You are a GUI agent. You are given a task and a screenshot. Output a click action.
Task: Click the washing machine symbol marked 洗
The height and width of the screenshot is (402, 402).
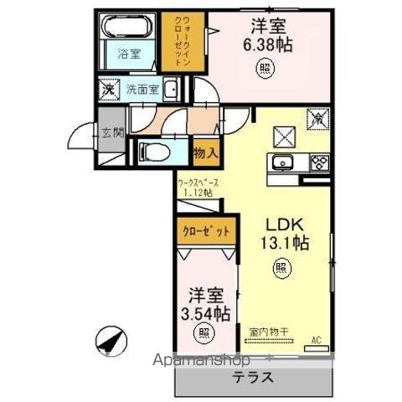pyautogui.click(x=108, y=88)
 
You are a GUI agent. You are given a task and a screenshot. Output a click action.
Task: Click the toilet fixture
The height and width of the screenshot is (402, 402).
pyautogui.click(x=152, y=151)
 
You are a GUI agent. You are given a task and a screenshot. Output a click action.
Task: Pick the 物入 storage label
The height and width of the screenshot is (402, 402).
pyautogui.click(x=205, y=152)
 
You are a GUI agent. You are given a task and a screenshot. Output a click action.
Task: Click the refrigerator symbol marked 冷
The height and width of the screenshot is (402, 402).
pyautogui.click(x=318, y=120)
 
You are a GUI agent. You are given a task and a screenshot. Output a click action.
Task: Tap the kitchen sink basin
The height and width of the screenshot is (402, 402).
pyautogui.click(x=281, y=162)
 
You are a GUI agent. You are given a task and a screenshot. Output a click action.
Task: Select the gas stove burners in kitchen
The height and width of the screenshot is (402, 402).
pyautogui.click(x=319, y=162)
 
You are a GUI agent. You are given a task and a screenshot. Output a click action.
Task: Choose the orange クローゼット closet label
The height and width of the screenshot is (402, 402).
pyautogui.click(x=207, y=230)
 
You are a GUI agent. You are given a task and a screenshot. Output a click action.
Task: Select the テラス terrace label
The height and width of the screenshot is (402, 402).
pyautogui.click(x=252, y=378)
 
